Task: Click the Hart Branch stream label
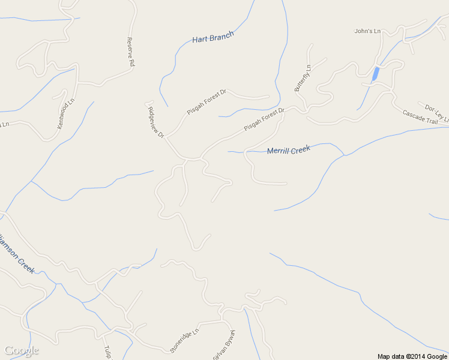coord(212,37)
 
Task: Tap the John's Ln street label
coord(368,31)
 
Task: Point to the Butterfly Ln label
coord(303,78)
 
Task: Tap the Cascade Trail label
coord(420,116)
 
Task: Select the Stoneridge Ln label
coord(184,340)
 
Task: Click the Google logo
coord(21,351)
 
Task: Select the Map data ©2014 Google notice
coord(412,356)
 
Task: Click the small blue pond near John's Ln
coord(375,74)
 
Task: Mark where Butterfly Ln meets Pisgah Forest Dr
coord(304,110)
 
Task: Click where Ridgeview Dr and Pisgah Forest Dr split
coord(166,137)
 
